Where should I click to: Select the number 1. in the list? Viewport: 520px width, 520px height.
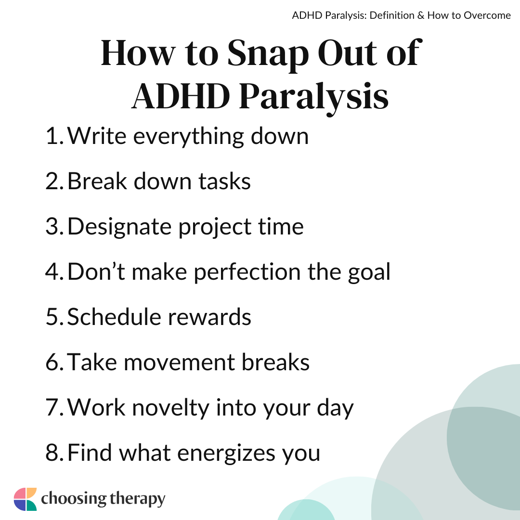coord(55,136)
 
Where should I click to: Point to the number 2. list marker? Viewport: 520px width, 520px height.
coord(55,182)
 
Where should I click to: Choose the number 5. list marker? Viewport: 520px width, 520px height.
coord(55,317)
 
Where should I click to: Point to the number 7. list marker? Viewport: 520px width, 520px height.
coord(55,408)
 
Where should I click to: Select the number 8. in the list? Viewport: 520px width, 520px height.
coord(55,453)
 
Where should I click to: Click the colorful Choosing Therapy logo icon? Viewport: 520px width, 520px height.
coord(25,499)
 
